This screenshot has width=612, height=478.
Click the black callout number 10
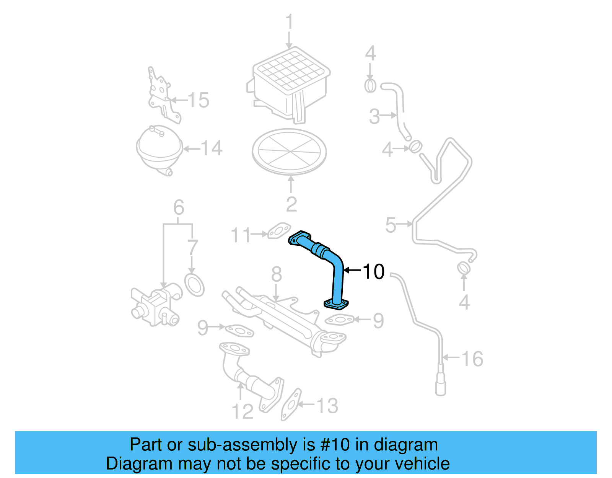[373, 271]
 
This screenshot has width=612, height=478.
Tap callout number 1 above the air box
[289, 22]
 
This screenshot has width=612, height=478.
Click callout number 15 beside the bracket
[199, 100]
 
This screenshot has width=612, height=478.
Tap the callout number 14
[212, 148]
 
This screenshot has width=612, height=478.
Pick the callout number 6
[179, 207]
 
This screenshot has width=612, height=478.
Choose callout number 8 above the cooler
[277, 274]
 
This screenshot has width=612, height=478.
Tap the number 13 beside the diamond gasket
[327, 406]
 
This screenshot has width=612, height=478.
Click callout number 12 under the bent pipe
[243, 412]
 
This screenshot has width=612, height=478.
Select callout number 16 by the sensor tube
[472, 359]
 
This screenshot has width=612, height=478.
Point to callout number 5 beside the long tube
[391, 225]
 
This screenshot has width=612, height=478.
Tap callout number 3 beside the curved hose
[374, 116]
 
